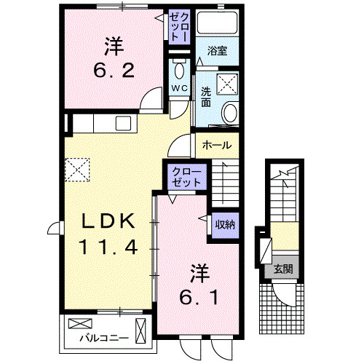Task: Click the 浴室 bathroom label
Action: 217,51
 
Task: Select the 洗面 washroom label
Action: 206,97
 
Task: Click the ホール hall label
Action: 217,144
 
